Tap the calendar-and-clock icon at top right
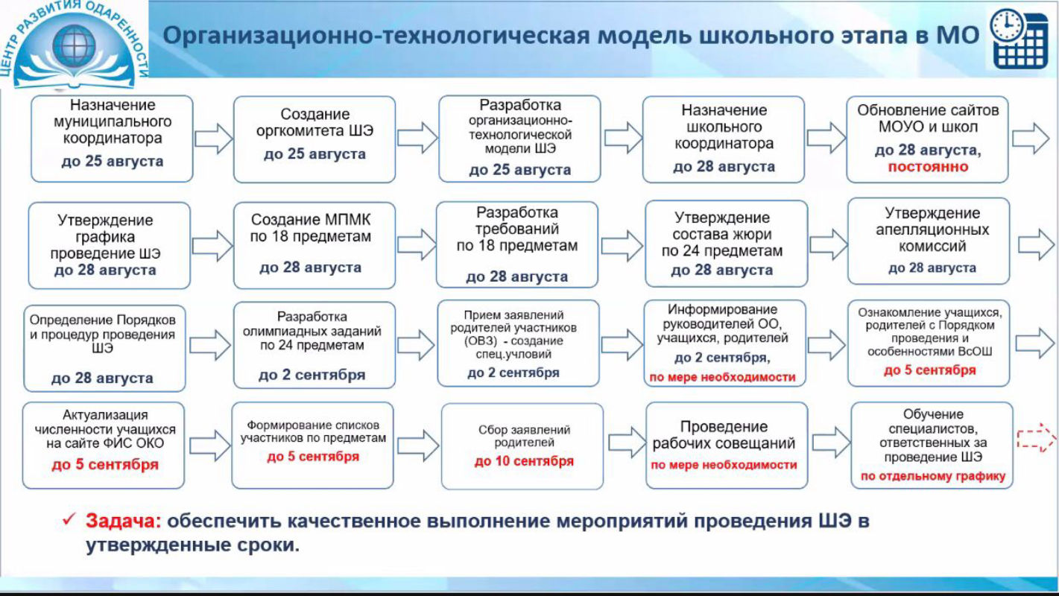pyautogui.click(x=1019, y=38)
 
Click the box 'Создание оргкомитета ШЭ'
pyautogui.click(x=314, y=139)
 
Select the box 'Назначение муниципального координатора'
pyautogui.click(x=112, y=139)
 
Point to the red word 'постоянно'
pyautogui.click(x=928, y=167)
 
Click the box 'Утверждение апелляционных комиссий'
pyautogui.click(x=929, y=240)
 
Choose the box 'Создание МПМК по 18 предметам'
pyautogui.click(x=314, y=244)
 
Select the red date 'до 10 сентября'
pyautogui.click(x=524, y=461)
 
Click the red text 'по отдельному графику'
pyautogui.click(x=932, y=476)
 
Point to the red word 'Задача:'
pyautogui.click(x=123, y=521)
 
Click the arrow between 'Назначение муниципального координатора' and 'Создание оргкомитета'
pyautogui.click(x=213, y=138)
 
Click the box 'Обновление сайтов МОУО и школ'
pyautogui.click(x=927, y=139)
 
